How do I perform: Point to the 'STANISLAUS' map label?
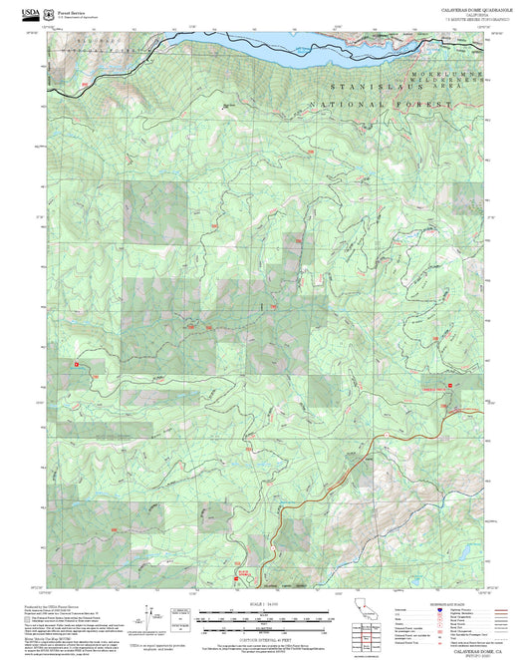point(351,88)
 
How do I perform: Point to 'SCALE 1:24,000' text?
point(264,604)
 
